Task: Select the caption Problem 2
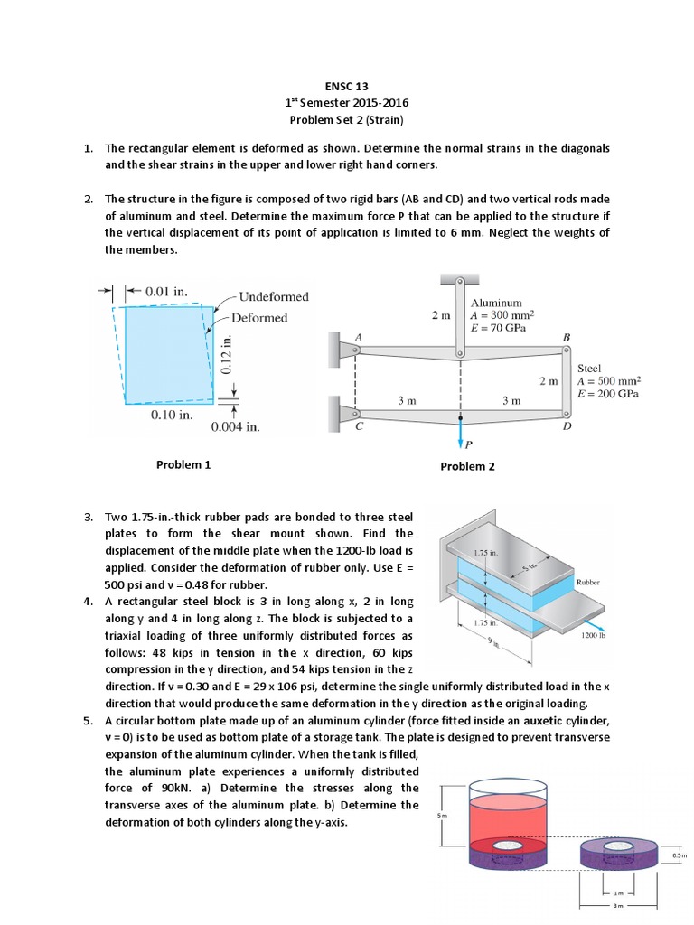(x=467, y=466)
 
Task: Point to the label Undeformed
(x=274, y=297)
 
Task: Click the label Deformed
(x=259, y=318)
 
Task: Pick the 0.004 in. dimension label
(x=235, y=427)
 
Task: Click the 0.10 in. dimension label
(x=172, y=416)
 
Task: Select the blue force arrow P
(x=461, y=432)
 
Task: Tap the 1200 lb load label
(x=594, y=636)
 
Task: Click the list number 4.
(x=89, y=602)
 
